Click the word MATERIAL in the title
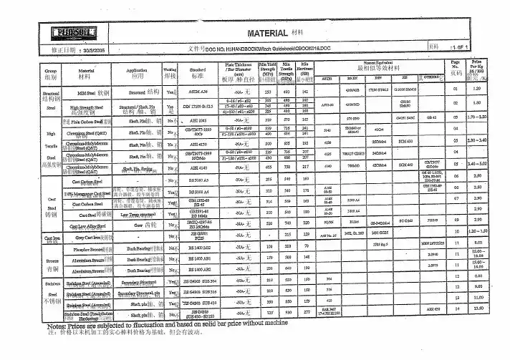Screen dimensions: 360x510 pos(266,34)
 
